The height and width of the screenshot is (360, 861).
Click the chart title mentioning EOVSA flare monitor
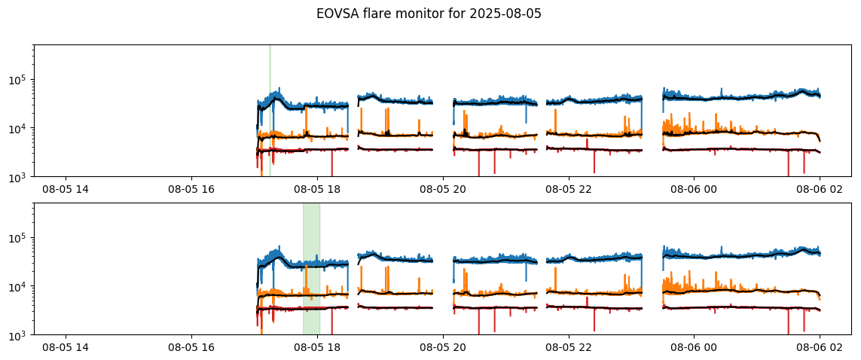click(x=429, y=14)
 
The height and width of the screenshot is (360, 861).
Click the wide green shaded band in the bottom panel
click(x=311, y=269)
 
